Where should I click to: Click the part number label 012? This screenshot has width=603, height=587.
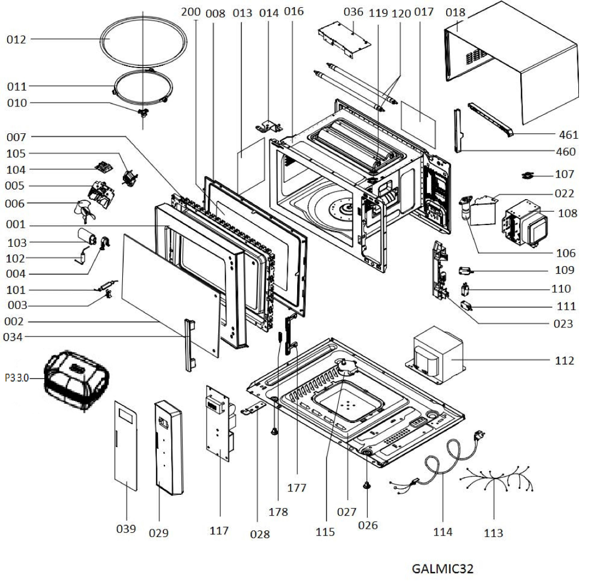tap(16, 39)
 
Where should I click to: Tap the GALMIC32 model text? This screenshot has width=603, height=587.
tap(442, 569)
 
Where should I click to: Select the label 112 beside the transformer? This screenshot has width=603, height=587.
tap(564, 360)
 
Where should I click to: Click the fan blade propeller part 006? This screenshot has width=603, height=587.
tap(84, 210)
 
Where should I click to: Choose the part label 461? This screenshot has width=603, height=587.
tap(568, 135)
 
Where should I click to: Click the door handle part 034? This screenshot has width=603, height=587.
tap(189, 345)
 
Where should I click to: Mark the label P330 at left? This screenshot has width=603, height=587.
tap(16, 377)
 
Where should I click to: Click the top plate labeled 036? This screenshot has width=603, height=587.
tap(345, 38)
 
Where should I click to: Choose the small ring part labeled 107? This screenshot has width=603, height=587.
tap(527, 175)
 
